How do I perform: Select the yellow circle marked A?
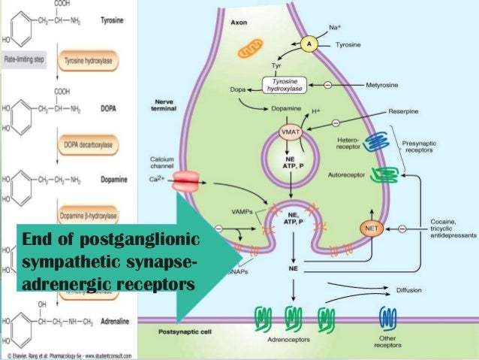(308, 44)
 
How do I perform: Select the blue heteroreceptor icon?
(373, 144)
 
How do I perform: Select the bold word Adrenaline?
(109, 319)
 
